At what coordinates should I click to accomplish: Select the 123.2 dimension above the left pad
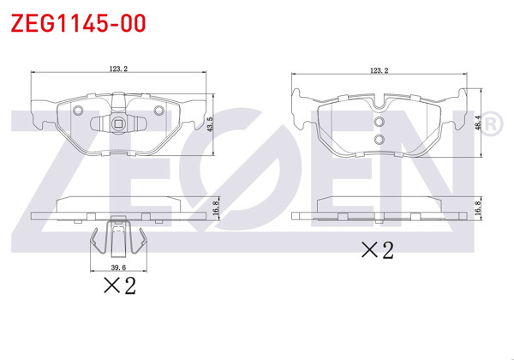(120, 69)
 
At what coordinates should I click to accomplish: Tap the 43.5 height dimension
(211, 124)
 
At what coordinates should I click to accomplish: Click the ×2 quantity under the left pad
(119, 286)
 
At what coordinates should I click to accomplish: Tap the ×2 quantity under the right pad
(376, 250)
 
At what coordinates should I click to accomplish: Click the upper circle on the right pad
(379, 123)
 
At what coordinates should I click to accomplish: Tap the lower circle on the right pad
(379, 139)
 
